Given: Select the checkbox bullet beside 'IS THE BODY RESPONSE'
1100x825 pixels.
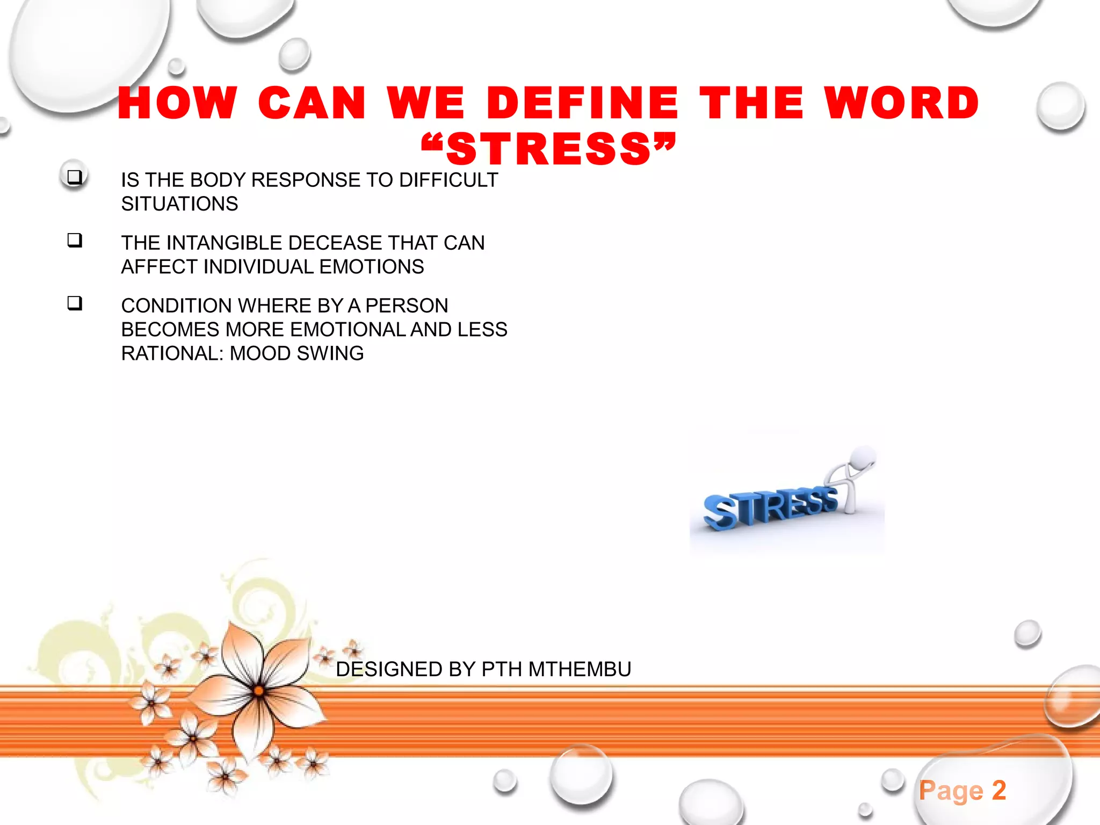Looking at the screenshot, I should [x=75, y=177].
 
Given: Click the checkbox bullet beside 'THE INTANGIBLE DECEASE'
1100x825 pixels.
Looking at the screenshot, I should [x=75, y=240].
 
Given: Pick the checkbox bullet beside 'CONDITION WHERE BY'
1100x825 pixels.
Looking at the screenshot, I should [x=75, y=303].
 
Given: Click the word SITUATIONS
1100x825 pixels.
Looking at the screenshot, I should [x=179, y=204].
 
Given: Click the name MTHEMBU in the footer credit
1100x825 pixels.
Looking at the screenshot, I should [x=580, y=669].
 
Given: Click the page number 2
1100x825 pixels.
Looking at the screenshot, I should [x=998, y=790].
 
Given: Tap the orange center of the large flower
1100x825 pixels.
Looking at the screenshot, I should [x=258, y=691].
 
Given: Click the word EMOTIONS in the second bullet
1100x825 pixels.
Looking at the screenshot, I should [x=372, y=267].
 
